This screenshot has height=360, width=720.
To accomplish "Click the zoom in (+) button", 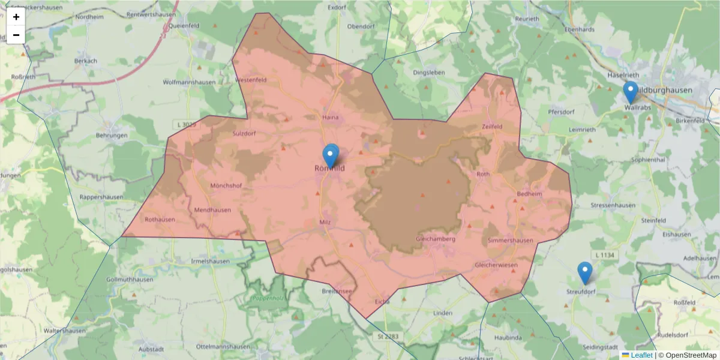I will pyautogui.click(x=16, y=17).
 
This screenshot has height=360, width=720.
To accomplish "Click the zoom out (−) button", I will pyautogui.click(x=16, y=35).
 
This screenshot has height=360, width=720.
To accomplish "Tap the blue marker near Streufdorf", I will pyautogui.click(x=584, y=273).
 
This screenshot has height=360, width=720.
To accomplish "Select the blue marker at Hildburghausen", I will pyautogui.click(x=630, y=92).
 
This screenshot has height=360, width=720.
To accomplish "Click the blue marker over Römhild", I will pyautogui.click(x=330, y=156).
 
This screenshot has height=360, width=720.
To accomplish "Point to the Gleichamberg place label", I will pyautogui.click(x=435, y=239).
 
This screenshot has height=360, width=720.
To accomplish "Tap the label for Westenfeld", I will pyautogui.click(x=251, y=80).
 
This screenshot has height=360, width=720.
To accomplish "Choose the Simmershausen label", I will pyautogui.click(x=510, y=241).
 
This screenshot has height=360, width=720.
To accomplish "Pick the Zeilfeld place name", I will pyautogui.click(x=493, y=127).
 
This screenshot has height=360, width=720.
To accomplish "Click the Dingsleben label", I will pyautogui.click(x=430, y=73).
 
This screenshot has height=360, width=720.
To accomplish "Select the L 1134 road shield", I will pyautogui.click(x=604, y=256).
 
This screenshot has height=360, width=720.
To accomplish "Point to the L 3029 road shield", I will pyautogui.click(x=187, y=124).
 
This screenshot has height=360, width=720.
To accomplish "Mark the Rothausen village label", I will pyautogui.click(x=160, y=220).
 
